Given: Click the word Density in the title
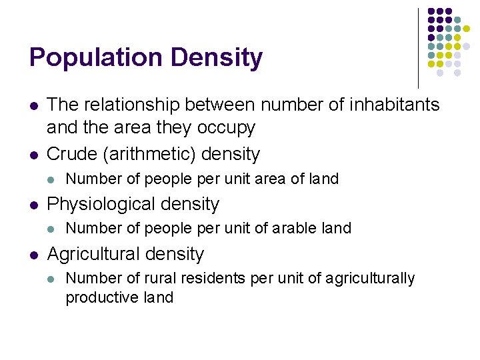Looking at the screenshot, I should pos(217,58).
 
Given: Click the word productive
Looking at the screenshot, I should pos(97,297).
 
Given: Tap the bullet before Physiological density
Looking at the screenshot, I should pos(33,205).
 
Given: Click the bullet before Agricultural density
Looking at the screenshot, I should pos(33,255).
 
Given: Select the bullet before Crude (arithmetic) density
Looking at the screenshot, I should pos(33,155).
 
